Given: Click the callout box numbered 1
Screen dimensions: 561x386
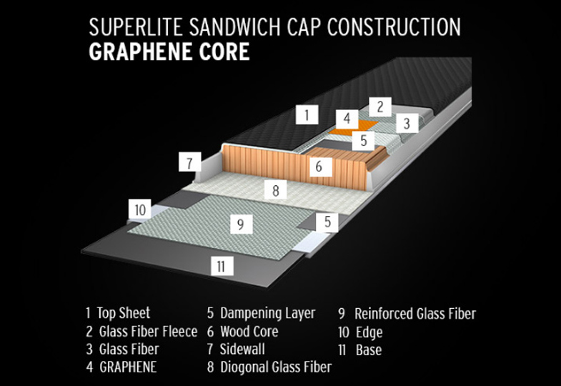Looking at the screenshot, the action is pos(307,115).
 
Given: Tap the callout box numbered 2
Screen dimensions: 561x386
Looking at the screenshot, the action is pos(380,107).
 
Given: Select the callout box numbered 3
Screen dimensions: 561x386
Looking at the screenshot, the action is pos(407,123).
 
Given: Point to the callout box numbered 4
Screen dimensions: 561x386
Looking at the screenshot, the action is pos(347,119).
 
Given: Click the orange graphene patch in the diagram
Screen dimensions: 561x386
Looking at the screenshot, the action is pos(354,128).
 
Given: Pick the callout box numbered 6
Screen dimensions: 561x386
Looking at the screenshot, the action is pos(319,166).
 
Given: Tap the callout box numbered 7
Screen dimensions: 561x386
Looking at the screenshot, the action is pos(190,162).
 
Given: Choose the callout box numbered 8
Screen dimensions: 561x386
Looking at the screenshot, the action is pos(275,189).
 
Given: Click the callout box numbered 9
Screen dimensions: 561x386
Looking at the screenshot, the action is pos(241,224).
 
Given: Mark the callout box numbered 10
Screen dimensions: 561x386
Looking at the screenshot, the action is pos(140,209).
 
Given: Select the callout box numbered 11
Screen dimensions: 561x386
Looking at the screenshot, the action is pos(222,266).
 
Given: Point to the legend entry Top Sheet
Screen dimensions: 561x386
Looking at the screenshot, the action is pos(118,312).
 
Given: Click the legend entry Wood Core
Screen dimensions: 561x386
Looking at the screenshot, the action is pos(242,331).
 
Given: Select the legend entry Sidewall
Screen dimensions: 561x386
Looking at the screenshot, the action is pos(236,349).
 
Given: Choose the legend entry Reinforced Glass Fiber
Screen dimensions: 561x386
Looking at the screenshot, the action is pos(407,313).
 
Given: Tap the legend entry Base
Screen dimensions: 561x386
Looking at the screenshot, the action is pos(360,350).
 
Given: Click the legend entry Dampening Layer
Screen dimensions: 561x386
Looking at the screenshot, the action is pos(261,313).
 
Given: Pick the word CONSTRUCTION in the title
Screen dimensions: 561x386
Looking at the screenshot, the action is pos(394,27).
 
